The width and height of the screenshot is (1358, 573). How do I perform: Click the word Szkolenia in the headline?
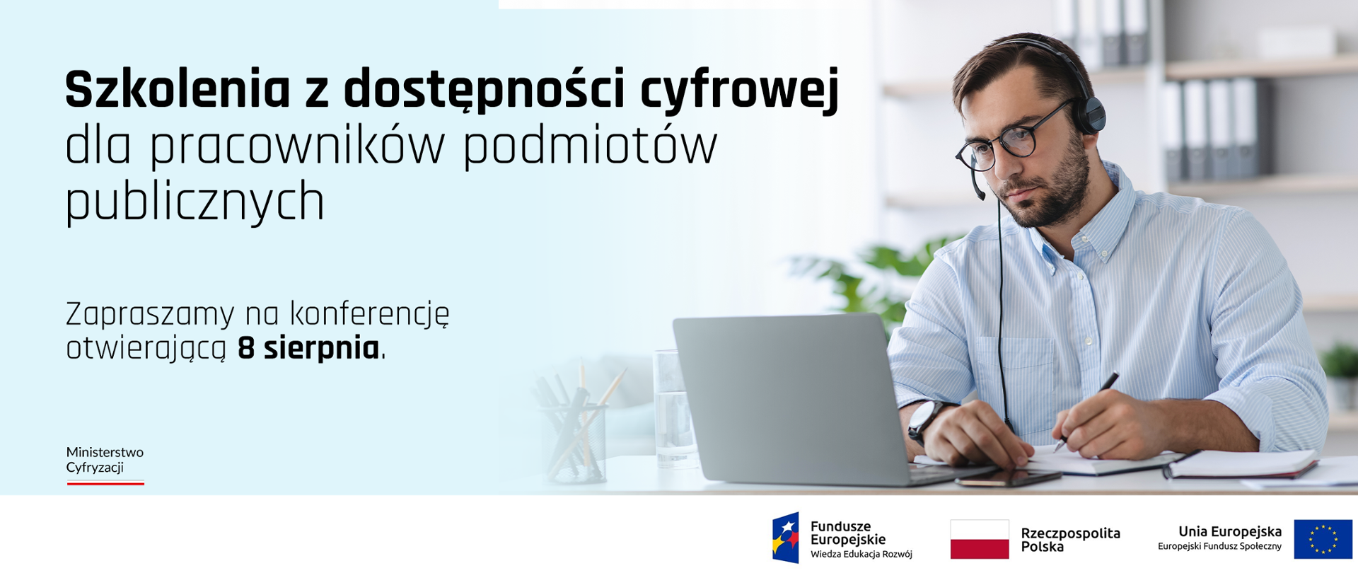178,90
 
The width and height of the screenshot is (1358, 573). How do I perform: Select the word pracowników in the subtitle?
297,147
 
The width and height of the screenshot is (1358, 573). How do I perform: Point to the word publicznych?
195,202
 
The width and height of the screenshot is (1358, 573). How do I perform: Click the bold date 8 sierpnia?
309,348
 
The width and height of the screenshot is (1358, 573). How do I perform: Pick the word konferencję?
370,315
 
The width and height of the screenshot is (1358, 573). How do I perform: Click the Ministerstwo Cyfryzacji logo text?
105,459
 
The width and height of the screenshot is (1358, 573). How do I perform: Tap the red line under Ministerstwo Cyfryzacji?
105,483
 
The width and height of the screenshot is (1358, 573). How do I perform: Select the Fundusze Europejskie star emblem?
786,538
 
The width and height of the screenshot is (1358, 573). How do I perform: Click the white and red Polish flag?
979,539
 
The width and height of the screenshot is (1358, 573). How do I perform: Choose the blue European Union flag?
1323,539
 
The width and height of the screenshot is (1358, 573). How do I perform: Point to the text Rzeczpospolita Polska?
1070,540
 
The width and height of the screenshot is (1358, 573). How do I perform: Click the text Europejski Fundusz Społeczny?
1219,546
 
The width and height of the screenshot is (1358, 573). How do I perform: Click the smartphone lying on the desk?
1008,480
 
